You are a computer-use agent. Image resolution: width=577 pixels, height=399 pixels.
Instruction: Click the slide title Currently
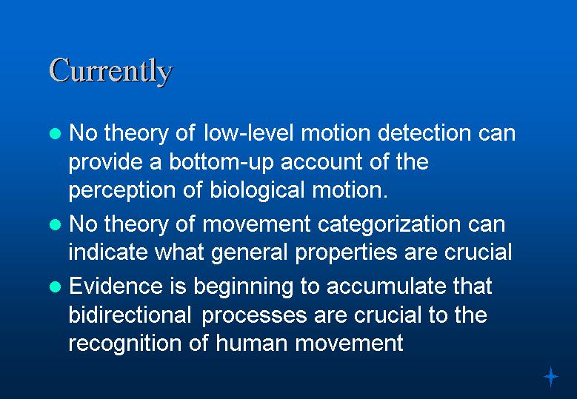[111, 71]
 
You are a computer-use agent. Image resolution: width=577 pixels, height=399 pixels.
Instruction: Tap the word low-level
[249, 133]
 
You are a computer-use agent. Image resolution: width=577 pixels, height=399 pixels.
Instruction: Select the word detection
[424, 133]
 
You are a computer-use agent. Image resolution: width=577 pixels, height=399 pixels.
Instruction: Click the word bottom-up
[221, 161]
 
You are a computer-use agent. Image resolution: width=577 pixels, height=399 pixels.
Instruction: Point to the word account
[321, 162]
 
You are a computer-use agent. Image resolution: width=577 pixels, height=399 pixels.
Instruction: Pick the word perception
[122, 191]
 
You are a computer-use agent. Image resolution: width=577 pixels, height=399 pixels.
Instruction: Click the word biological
[257, 190]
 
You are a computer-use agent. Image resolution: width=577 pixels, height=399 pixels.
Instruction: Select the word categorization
[389, 224]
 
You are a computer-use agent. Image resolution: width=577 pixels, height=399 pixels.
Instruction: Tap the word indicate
[108, 252]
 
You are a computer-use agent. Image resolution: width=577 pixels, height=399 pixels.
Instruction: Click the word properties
[346, 252]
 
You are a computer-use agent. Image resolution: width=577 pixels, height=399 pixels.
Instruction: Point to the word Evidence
[116, 286]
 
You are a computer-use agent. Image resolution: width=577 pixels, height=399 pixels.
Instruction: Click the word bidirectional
[130, 315]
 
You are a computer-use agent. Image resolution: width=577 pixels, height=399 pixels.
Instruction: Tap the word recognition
[124, 343]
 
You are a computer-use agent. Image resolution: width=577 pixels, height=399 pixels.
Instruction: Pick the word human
[251, 343]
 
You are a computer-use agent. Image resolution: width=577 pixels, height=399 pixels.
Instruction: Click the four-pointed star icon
[551, 377]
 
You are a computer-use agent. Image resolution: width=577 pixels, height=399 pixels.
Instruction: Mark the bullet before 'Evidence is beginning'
[55, 286]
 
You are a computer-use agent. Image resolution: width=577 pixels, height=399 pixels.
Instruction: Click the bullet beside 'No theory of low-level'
[55, 133]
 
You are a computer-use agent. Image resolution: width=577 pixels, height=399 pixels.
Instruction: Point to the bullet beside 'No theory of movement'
[55, 224]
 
